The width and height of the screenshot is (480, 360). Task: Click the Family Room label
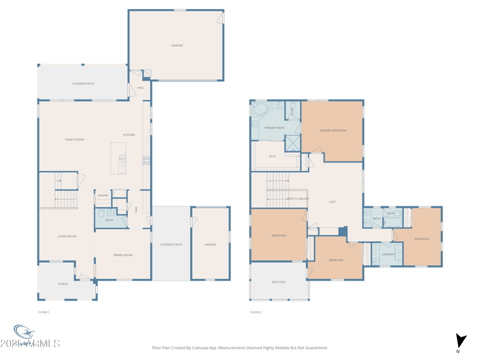[74, 140]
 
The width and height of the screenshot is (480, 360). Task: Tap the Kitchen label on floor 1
[129, 135]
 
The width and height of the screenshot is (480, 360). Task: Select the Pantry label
[103, 196]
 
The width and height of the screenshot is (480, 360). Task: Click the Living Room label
[67, 236]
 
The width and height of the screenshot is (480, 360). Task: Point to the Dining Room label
[123, 255]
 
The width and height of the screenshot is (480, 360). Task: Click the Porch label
[63, 284]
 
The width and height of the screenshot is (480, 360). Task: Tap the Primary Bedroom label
[333, 130]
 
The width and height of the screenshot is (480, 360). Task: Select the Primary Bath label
[274, 128]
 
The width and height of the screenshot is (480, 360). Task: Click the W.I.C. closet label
[272, 157]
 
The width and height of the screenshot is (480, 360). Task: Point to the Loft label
[332, 202]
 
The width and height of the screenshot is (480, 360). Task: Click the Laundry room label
[388, 254]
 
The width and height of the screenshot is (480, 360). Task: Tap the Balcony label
[279, 282]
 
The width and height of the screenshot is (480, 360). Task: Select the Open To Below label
[298, 199]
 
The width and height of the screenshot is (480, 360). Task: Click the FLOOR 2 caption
[256, 312]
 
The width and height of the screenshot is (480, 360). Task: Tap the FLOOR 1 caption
[43, 312]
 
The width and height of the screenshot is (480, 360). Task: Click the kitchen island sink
[122, 159]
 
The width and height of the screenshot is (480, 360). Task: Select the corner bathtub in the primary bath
[260, 109]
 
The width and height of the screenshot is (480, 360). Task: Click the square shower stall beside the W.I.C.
[292, 143]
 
